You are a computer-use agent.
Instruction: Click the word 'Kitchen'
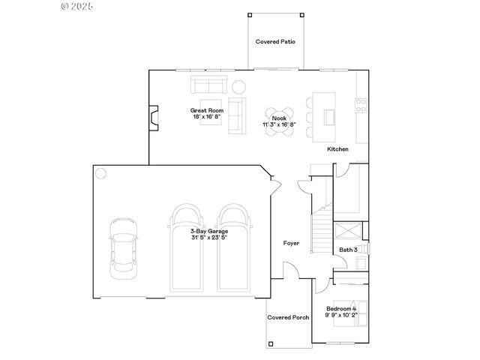tap(337, 149)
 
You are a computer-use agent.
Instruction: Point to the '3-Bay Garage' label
tap(208, 231)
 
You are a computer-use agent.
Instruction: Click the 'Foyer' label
tap(291, 243)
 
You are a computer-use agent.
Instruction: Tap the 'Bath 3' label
tap(347, 249)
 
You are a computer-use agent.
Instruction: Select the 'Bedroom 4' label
tap(341, 309)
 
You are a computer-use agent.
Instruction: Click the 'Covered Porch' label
tap(288, 317)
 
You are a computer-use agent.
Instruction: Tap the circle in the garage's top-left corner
tap(100, 173)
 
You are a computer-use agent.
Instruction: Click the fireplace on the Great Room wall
tap(153, 117)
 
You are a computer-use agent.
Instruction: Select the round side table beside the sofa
tap(238, 86)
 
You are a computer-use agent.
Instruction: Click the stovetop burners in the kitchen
tap(361, 102)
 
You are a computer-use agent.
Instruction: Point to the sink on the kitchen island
tap(329, 116)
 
